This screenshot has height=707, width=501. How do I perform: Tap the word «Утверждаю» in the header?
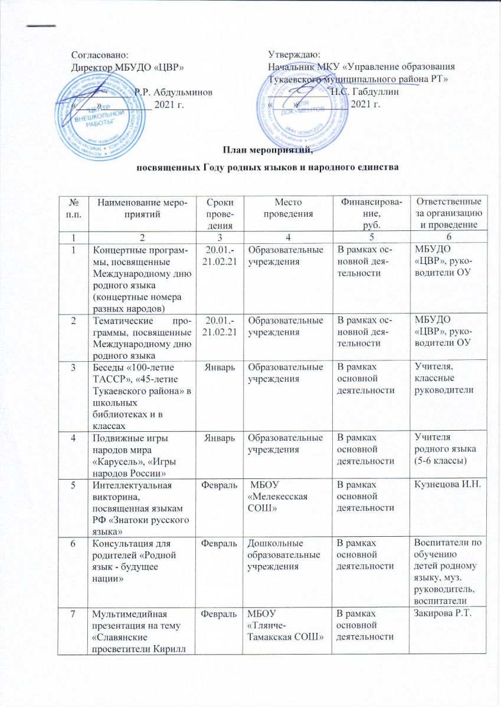pyautogui.click(x=294, y=55)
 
